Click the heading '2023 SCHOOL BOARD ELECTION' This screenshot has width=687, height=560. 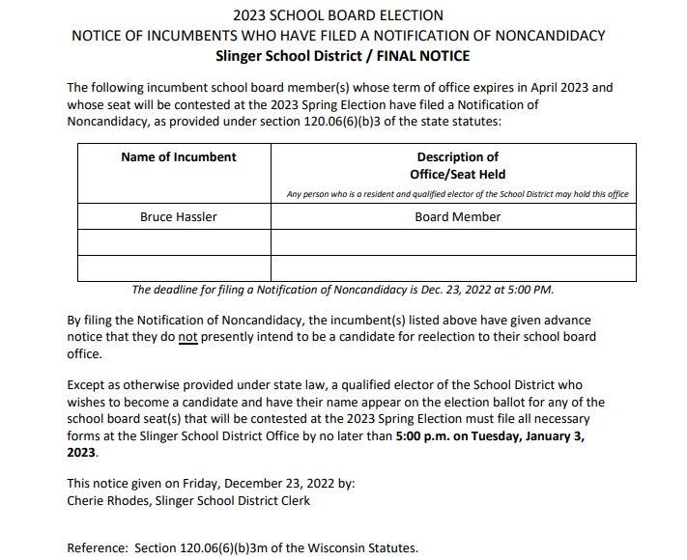pos(338,15)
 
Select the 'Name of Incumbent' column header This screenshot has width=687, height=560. pos(179,157)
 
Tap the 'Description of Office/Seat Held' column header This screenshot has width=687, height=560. pos(457,165)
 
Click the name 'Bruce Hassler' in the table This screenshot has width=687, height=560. pos(179,217)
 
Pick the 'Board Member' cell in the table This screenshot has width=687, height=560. pos(457,217)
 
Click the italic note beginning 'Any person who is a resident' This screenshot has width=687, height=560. pos(457,194)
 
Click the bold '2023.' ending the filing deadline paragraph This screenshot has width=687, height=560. pos(82,451)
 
